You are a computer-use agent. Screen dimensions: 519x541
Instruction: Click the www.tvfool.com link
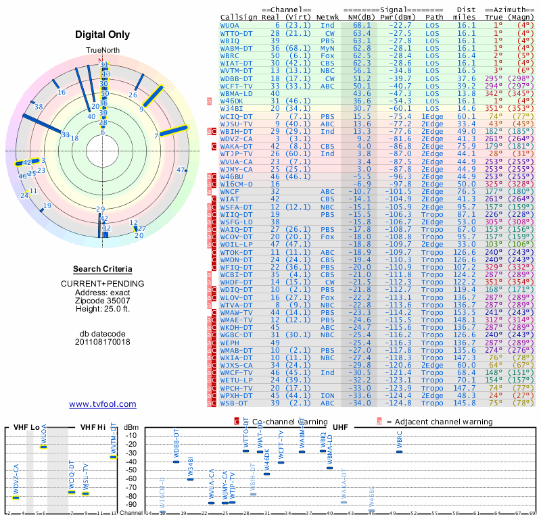(102, 404)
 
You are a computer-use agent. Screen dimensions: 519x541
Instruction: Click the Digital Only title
(102, 34)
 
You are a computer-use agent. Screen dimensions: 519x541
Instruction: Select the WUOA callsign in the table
(229, 25)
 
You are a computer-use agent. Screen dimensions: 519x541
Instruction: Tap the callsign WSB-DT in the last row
(233, 403)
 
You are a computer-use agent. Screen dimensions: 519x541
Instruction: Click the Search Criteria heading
(102, 269)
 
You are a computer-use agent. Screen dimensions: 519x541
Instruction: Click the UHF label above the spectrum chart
(341, 427)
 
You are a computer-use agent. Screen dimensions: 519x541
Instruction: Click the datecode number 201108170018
(102, 342)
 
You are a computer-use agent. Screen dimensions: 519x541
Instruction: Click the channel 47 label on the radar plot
(181, 170)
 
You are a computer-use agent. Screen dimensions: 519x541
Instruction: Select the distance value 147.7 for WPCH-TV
(465, 388)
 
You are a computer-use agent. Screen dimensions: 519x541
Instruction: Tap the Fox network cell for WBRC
(328, 55)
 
